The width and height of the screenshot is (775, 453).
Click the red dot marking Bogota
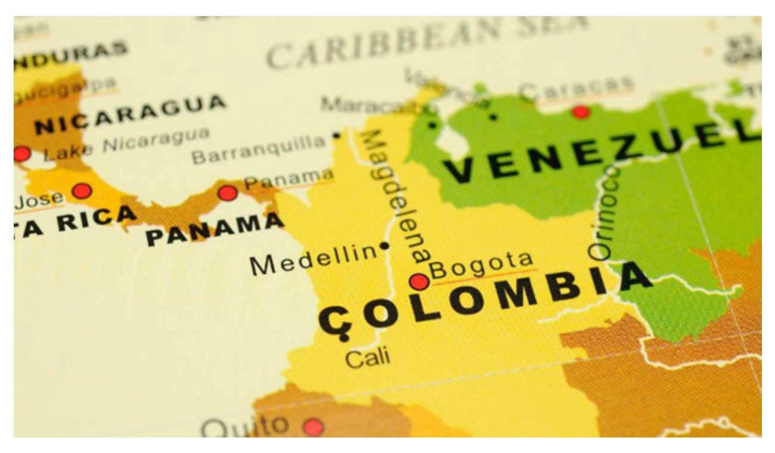tap(419, 281)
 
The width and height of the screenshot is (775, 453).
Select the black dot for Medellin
tap(385, 245)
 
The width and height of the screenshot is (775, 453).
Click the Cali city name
tap(368, 357)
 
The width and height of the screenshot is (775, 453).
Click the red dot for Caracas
tap(580, 111)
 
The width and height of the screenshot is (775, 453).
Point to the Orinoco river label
tap(604, 212)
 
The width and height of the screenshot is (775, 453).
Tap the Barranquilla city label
tap(259, 150)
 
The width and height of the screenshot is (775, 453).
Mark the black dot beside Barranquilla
tap(336, 135)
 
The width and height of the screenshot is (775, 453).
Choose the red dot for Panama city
tap(227, 193)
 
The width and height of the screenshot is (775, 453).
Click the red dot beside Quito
tap(312, 427)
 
